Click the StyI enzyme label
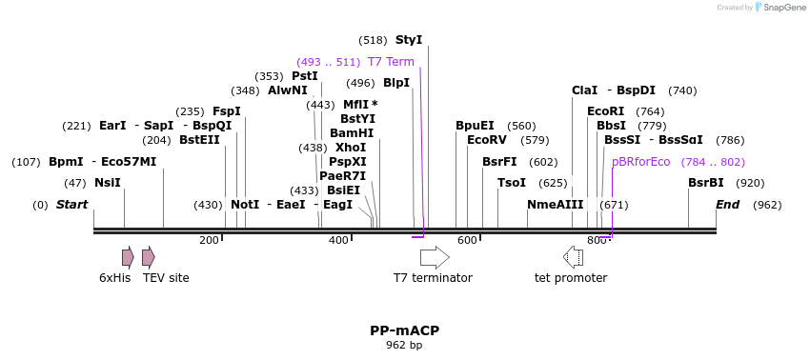pos(408,40)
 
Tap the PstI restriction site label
pos(305,76)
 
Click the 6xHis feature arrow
pos(128,256)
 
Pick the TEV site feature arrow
pos(148,256)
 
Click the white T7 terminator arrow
pos(435,256)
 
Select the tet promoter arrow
pos(573,256)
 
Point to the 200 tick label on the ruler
pos(209,241)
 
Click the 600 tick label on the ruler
pos(467,241)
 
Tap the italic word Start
pos(71,205)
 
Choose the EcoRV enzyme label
pos(487,140)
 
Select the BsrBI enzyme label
pos(706,183)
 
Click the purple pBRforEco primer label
pos(641,162)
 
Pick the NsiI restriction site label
pos(108,183)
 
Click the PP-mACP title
pos(404,330)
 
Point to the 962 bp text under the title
pos(404,346)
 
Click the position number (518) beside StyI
pos(373,40)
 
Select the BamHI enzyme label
pos(352,133)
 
